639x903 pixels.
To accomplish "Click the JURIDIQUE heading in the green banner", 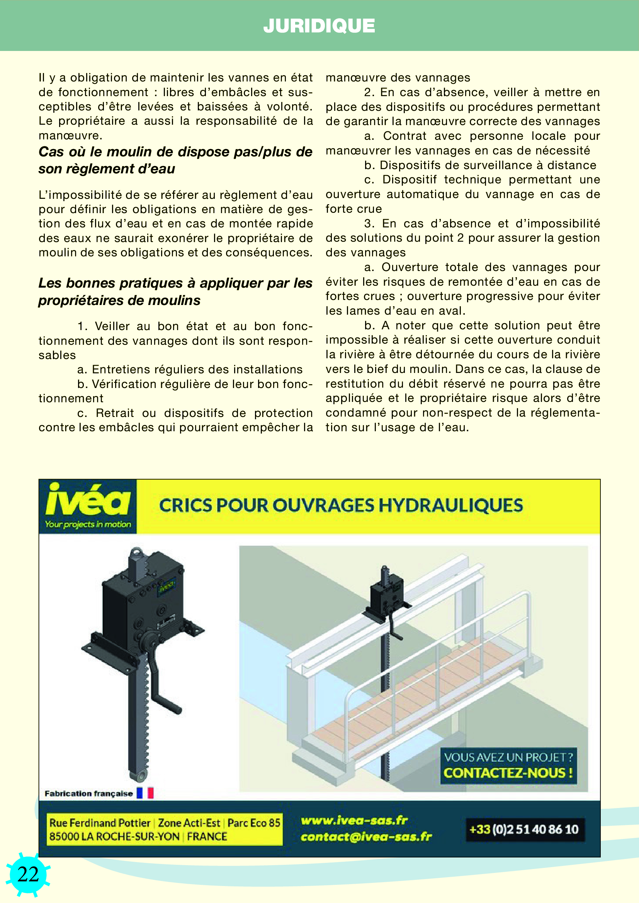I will click(x=319, y=26).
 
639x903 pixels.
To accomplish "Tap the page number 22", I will click(x=28, y=874).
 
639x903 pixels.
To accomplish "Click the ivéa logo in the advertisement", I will click(x=88, y=500).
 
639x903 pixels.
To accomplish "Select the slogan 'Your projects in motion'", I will click(x=88, y=524).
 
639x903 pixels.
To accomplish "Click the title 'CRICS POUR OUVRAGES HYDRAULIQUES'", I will click(x=341, y=505).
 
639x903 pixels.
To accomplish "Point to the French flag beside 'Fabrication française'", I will click(x=145, y=793).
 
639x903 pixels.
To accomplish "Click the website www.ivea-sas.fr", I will click(x=354, y=820).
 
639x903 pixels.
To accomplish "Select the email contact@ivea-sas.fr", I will click(x=366, y=837).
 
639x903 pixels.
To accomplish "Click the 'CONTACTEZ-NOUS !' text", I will click(x=508, y=773).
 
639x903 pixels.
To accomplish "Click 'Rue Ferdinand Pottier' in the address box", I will click(x=100, y=822).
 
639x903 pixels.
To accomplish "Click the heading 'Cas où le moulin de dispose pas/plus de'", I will click(x=175, y=152).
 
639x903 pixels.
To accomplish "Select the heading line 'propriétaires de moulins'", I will click(x=119, y=300).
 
